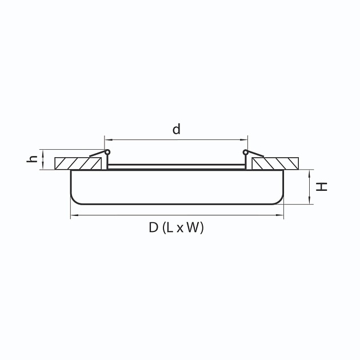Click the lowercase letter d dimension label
pos(177,130)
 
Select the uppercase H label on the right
pos(324,186)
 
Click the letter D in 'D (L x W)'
pos(153,228)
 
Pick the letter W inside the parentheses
pos(194,228)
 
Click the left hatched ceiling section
pos(80,163)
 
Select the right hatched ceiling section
pos(275,163)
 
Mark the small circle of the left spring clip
pos(107,152)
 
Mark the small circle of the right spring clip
pos(246,152)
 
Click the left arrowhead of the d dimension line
pos(106,139)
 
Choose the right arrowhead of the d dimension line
pos(246,139)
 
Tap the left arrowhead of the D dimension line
pos(73,215)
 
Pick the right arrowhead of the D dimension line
pos(281,215)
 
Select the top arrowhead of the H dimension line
pos(309,171)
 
